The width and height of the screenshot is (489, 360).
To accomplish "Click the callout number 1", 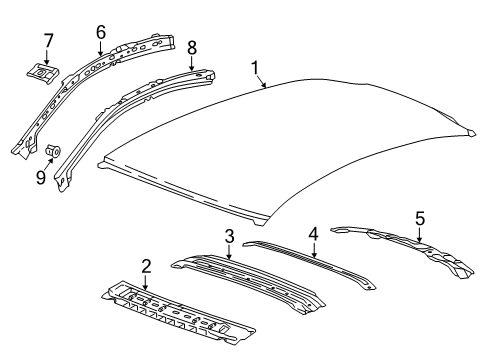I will [257, 68].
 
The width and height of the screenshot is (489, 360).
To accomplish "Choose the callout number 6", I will [100, 31].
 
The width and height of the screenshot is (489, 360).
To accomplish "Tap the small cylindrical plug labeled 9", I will [52, 151].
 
